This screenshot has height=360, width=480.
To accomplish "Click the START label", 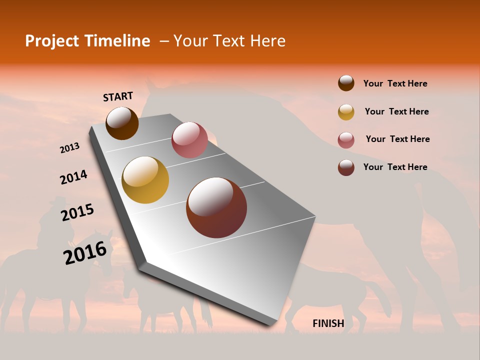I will pos(118,96).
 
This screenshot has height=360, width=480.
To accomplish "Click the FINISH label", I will pos(328,323).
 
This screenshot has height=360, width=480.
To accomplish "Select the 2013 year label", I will pos(69,148).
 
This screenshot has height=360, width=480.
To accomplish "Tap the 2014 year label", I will pos(73,177).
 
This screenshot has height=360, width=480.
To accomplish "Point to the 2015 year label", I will pos(77,212).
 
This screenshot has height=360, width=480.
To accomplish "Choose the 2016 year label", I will pos(85,252).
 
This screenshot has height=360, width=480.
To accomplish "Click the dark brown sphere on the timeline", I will pos(122,123).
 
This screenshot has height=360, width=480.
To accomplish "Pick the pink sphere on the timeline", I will pos(189,139).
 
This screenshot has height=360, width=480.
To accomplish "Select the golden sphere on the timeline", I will pos(145,180).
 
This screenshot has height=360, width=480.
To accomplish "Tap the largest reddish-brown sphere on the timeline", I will pos(216,207).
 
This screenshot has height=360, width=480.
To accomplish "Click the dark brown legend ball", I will pos(346,83).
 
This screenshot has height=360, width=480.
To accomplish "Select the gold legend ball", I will pos(346,112).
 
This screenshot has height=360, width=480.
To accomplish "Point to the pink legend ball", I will pos(346,140).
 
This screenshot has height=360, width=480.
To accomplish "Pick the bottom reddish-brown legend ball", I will pos(346,167).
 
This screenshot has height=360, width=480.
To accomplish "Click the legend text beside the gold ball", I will pos(396,111).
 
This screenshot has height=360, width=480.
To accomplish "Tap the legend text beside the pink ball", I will pos(397,139).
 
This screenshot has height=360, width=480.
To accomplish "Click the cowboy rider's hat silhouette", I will pos(53,201).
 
